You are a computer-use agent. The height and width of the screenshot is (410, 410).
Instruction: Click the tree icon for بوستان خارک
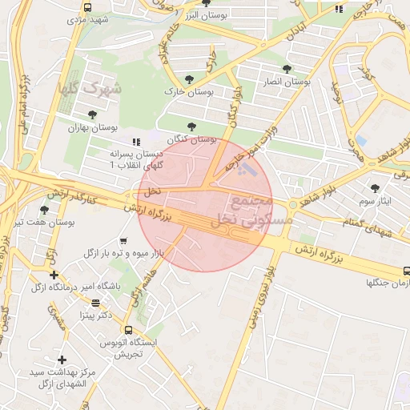point(189,80)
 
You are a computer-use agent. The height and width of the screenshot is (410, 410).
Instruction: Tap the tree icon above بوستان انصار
point(287,69)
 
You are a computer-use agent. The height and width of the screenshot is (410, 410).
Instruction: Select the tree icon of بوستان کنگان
point(191,127)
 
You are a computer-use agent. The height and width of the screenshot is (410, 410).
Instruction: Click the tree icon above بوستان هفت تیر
point(44,210)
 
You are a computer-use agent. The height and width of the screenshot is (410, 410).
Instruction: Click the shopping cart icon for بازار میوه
point(123,240)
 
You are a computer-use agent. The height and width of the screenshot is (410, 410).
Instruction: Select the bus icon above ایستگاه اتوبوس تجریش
point(128,330)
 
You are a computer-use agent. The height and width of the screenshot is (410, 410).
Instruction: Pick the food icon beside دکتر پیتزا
point(96,303)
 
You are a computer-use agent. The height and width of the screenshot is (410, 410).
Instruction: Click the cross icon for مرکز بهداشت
point(62,360)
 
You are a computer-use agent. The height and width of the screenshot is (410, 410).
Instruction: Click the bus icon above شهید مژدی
point(86,7)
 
